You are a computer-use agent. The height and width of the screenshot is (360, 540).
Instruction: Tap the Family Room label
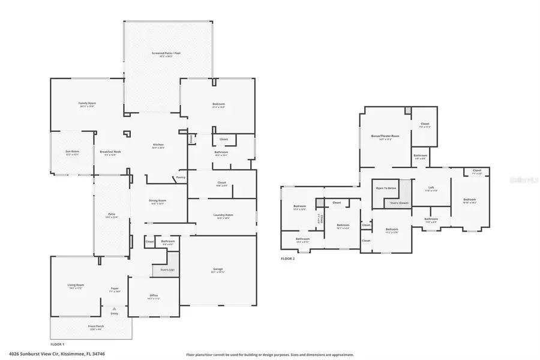[88, 103]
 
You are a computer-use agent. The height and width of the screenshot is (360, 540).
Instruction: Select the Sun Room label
[72, 152]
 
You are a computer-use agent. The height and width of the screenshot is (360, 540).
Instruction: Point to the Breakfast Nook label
[108, 152]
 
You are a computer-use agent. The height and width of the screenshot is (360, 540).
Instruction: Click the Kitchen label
[158, 145]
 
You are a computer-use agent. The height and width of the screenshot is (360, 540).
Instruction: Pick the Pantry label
[180, 178]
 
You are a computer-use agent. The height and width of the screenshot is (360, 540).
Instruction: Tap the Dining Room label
[158, 201]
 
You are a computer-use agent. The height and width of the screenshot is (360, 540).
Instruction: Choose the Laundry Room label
[223, 215]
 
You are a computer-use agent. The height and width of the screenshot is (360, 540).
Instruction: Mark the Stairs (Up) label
[167, 270]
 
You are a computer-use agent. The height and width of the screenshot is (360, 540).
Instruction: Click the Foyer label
[114, 289]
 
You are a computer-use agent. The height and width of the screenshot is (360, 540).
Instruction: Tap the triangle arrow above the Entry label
[114, 308]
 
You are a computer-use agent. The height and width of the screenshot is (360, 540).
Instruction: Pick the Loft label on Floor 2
[431, 188]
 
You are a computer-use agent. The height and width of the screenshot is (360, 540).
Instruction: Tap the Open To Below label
[386, 188]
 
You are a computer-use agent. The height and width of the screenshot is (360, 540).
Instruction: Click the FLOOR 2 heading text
[289, 259]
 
